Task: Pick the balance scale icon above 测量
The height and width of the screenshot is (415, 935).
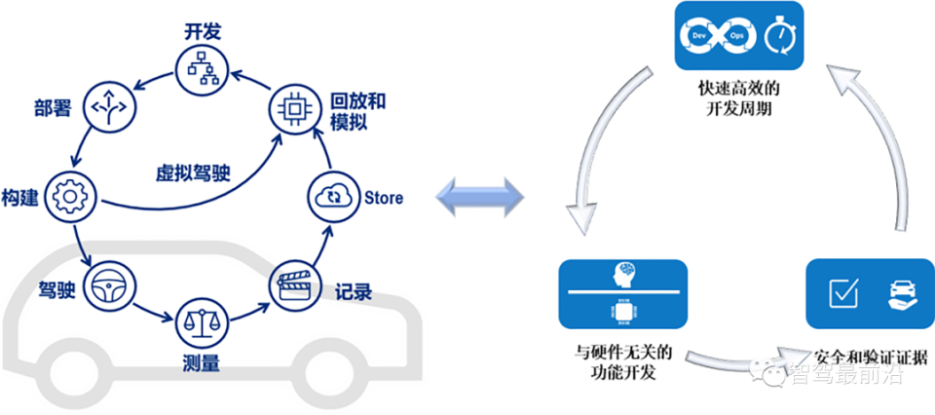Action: [x=203, y=321]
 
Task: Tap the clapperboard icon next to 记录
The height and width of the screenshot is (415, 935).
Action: [x=292, y=284]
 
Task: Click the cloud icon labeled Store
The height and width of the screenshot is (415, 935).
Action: [x=330, y=197]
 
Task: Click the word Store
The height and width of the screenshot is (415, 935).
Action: [x=383, y=198]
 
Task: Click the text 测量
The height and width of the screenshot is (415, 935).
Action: [x=202, y=364]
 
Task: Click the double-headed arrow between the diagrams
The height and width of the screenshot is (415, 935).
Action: [x=479, y=199]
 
